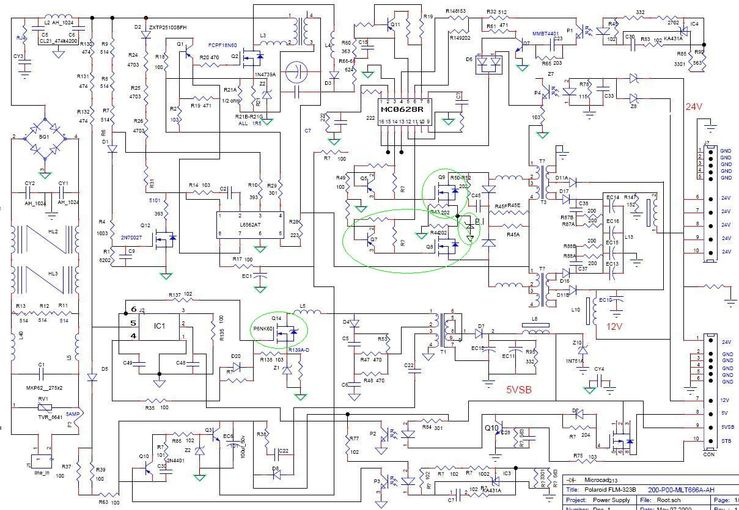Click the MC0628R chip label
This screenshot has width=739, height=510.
tap(402, 110)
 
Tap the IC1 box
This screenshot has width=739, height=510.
tap(159, 326)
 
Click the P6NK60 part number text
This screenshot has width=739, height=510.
tap(263, 329)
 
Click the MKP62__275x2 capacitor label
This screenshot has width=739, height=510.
tap(44, 387)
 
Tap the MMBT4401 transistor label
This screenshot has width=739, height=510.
tap(546, 33)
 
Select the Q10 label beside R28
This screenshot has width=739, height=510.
tap(492, 428)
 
